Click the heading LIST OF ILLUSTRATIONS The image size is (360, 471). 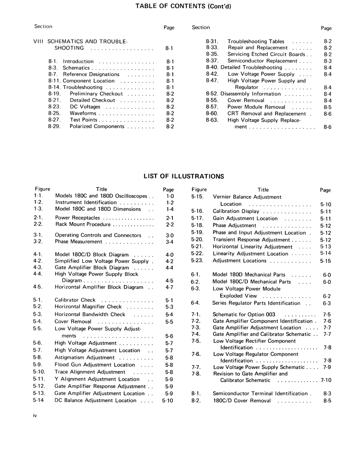(x=184, y=176)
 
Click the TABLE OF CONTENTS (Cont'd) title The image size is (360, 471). (x=183, y=6)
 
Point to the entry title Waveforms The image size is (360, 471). (x=83, y=113)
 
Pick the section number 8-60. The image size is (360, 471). (x=212, y=114)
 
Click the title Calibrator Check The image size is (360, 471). (x=75, y=300)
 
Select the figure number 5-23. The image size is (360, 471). (x=197, y=261)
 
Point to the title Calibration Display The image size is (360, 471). (x=236, y=212)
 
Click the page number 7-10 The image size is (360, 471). (x=326, y=380)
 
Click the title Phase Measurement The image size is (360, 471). (x=78, y=242)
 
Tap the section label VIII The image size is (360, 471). (x=39, y=42)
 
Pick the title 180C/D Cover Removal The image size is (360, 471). (x=242, y=401)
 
